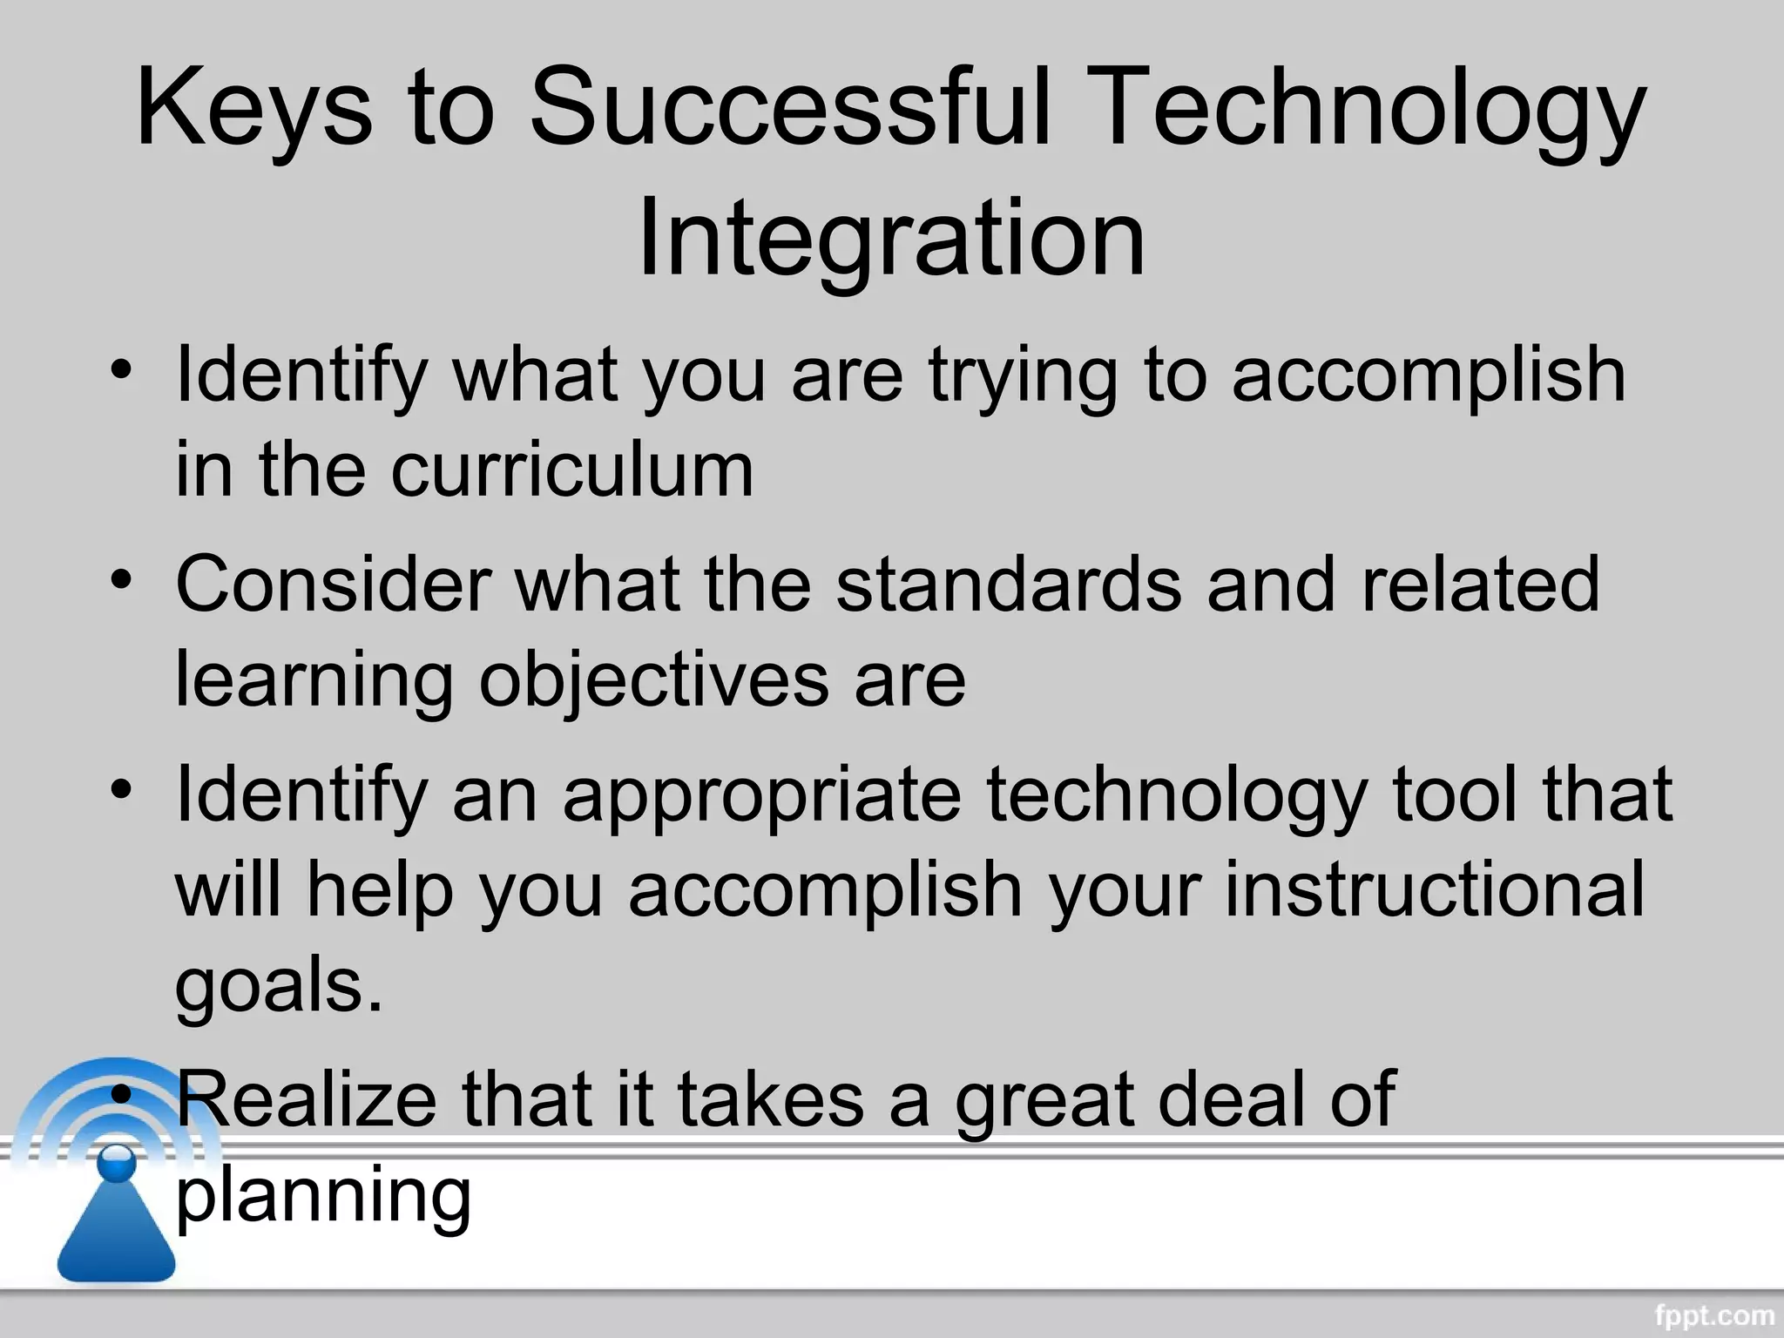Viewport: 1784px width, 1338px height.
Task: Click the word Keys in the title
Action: coord(253,109)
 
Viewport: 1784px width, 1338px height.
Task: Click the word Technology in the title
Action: coord(1360,109)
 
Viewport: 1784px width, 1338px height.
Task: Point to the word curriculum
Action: coord(572,470)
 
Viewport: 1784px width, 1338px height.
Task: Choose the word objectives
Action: coord(653,679)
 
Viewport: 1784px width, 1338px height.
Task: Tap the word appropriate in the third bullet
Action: coord(762,794)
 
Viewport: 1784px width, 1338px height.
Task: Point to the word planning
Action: coord(323,1195)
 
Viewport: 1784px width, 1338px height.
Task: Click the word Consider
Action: coord(333,584)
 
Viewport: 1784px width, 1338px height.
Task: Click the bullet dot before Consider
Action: coord(122,579)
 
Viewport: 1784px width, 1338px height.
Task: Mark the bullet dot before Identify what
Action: coord(122,369)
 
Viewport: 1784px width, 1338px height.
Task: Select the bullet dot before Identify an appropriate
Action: coord(122,789)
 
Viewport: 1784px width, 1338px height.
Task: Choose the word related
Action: coord(1480,584)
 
